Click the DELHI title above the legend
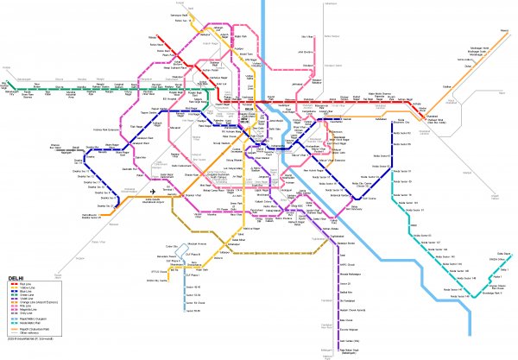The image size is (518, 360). (x=16, y=279)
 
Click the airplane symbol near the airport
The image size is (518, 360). (x=154, y=190)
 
